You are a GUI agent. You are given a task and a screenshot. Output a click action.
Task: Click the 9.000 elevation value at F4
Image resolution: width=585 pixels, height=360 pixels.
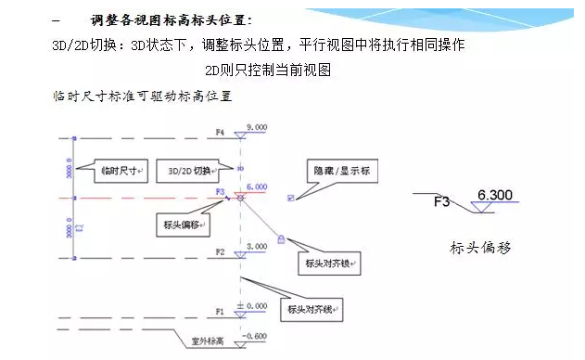(x=255, y=126)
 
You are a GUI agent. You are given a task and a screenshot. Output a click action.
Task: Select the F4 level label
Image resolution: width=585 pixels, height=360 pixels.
(x=220, y=133)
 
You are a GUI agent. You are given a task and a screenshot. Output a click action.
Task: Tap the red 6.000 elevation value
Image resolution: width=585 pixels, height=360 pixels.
(x=255, y=186)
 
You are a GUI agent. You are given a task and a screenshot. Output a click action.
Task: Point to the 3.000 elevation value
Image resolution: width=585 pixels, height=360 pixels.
(x=255, y=245)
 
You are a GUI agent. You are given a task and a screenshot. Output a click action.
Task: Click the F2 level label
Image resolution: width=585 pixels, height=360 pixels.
(x=220, y=251)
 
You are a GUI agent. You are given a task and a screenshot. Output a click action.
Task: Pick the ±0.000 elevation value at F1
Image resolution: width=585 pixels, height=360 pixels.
(x=253, y=305)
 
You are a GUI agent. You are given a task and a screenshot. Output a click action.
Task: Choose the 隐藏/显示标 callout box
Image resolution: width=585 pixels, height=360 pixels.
(x=342, y=172)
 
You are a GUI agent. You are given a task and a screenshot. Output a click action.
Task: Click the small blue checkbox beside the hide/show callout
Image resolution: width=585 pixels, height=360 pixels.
(x=291, y=197)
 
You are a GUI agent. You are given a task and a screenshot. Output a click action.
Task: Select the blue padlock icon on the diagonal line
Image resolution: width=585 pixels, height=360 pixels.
(x=281, y=240)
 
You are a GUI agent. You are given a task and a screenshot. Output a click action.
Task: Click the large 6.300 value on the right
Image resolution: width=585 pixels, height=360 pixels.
(x=494, y=195)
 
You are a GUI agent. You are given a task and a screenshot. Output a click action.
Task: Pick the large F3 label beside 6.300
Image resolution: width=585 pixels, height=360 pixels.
(x=441, y=200)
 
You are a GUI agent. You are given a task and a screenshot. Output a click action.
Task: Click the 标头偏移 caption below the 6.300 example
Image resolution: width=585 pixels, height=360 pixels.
(x=480, y=248)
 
